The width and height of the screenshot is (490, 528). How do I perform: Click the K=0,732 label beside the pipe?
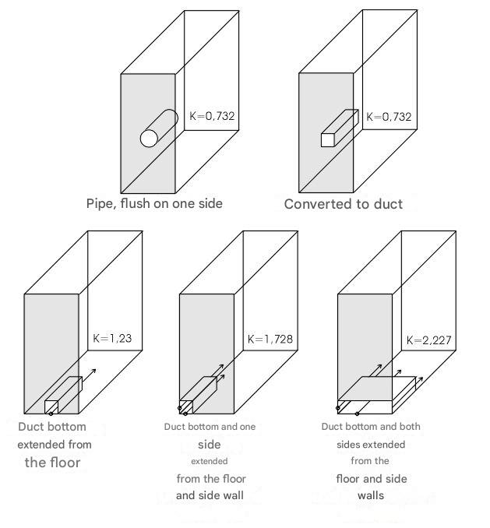click(212, 116)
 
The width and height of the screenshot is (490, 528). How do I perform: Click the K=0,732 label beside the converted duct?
click(389, 117)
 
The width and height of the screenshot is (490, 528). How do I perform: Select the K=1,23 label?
click(112, 338)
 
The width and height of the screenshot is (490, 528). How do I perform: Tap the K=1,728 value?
click(270, 339)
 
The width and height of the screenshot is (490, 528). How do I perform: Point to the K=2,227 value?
click(428, 340)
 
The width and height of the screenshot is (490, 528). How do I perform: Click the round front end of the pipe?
click(149, 139)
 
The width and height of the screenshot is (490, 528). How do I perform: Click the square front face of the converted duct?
click(327, 140)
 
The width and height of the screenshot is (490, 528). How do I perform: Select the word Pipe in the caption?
click(100, 204)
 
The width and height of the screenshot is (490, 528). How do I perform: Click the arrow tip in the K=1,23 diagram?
click(96, 370)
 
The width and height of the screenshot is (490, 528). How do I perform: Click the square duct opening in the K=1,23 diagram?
click(51, 407)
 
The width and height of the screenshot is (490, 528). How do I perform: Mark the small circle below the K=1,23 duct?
click(51, 414)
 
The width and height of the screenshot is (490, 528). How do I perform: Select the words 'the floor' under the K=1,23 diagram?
click(52, 463)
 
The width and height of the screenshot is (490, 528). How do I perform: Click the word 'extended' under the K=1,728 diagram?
click(209, 461)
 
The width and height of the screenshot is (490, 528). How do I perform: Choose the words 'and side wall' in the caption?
click(210, 495)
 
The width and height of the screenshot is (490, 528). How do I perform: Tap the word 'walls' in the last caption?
click(371, 495)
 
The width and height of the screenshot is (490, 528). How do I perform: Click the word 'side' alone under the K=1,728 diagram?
click(209, 445)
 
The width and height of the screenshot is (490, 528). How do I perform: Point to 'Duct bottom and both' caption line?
click(371, 427)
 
